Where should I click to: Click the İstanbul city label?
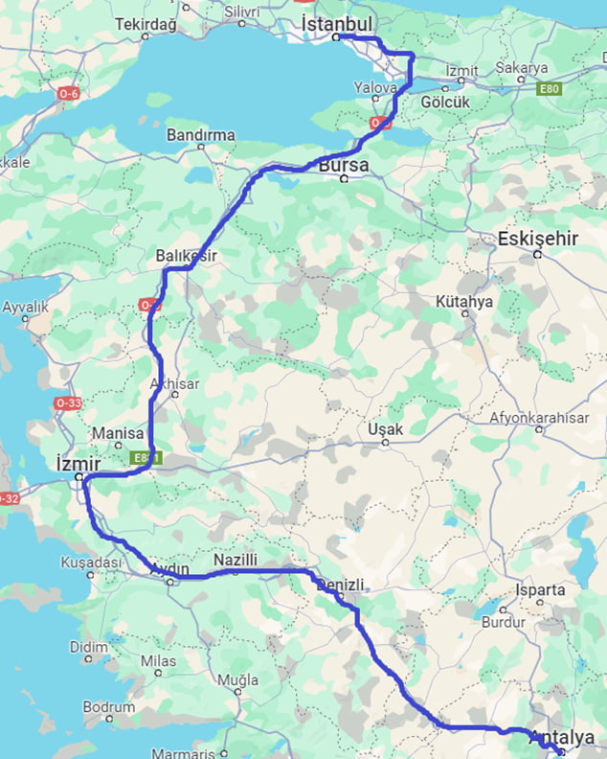click(337, 22)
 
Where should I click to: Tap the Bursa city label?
click(343, 166)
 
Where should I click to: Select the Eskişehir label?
click(537, 239)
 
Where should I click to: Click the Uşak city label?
click(386, 429)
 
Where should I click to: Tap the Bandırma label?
click(200, 135)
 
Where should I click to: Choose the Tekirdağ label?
click(146, 24)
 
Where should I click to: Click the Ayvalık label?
click(25, 308)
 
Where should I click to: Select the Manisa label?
click(118, 432)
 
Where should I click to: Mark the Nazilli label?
click(236, 559)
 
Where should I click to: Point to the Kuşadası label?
click(91, 563)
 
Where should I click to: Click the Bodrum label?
click(108, 706)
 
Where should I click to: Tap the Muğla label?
click(238, 680)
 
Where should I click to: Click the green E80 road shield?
click(549, 88)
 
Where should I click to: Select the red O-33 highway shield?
click(67, 403)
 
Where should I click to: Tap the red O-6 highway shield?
click(69, 93)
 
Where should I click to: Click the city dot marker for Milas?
click(159, 673)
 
